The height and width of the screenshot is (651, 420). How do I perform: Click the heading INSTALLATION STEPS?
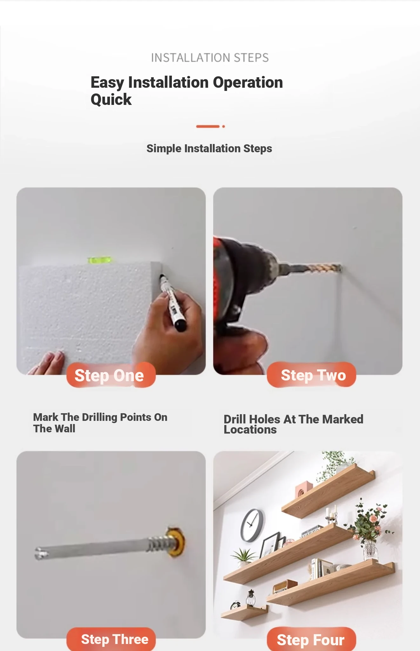pos(210,58)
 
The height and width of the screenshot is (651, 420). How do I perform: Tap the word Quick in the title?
pos(111,99)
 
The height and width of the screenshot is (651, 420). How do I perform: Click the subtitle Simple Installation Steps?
pos(209,148)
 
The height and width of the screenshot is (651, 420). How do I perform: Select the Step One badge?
pos(111,375)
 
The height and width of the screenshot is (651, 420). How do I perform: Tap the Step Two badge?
pos(311,374)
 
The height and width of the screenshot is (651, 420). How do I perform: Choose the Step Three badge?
pos(111,639)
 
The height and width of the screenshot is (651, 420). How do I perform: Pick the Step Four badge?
pos(311,639)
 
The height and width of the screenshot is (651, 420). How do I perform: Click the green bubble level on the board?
pos(99,260)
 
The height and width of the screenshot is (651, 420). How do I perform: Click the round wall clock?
pos(252,525)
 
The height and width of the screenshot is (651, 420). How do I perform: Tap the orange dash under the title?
pos(208,127)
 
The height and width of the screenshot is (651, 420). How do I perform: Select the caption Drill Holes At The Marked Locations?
pos(293,424)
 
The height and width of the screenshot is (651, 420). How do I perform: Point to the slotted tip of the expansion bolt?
pos(40,553)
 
